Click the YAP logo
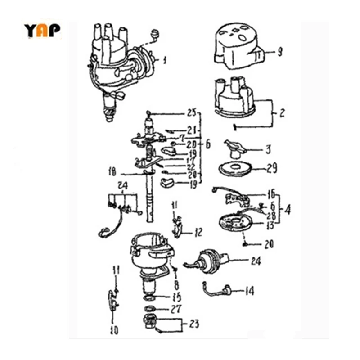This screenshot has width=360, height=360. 42,30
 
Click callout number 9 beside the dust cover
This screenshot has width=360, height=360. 279,53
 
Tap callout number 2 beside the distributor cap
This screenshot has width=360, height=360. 282,113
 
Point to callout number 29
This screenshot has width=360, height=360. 272,169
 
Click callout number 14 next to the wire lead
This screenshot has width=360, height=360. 249,291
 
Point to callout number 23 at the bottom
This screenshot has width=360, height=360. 194,324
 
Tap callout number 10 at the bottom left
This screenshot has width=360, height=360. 114,331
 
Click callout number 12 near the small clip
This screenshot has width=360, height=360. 198,233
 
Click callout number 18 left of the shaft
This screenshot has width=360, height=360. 112,171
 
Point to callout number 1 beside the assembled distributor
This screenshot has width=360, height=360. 165,60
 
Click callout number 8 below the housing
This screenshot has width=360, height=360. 176,284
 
